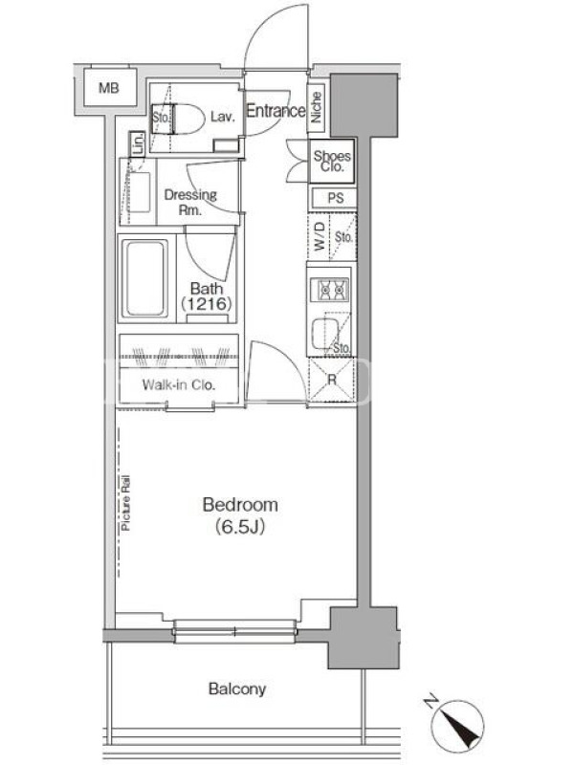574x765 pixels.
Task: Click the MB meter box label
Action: point(108,88)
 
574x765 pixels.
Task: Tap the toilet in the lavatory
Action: point(185,119)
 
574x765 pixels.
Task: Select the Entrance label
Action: point(276,111)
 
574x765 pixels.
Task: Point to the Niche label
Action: point(317,107)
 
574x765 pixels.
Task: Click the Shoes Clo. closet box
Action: point(331,161)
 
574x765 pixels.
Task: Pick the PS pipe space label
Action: point(336,198)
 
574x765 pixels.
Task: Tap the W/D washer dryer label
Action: point(320,236)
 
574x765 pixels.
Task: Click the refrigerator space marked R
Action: point(331,380)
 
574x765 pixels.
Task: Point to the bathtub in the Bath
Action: point(145,278)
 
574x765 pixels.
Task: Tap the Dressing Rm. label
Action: point(189,202)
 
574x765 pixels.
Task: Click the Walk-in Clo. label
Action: point(179,385)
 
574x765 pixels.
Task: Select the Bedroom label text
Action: point(240,505)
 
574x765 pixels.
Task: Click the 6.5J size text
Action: point(240,527)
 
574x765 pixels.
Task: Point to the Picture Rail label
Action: point(126,503)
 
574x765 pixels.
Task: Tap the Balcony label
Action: point(237,688)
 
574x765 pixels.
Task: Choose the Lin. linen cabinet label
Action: point(138,143)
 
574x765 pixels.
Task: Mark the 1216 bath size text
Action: point(206,304)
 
